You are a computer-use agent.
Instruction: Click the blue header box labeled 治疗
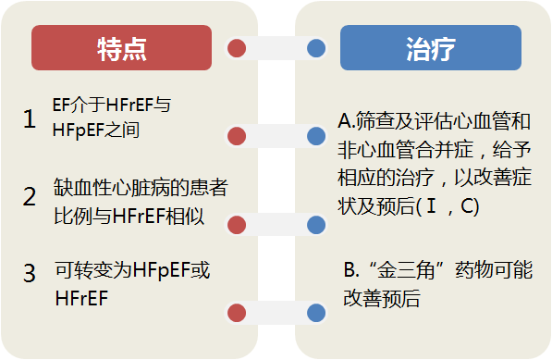(430, 49)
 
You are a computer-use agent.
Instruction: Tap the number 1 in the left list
(30, 118)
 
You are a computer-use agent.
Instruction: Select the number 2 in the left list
(30, 197)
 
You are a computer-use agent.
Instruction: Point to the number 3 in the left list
(30, 274)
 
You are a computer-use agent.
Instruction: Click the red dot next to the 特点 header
(237, 47)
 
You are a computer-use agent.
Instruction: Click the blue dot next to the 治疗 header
(315, 47)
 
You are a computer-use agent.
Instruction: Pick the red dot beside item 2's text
(237, 224)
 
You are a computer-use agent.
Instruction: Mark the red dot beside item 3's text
(237, 311)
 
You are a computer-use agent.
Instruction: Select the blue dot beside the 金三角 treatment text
(315, 311)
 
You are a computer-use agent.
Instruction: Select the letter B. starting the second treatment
(350, 272)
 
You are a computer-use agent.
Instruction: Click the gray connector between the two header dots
(276, 47)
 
